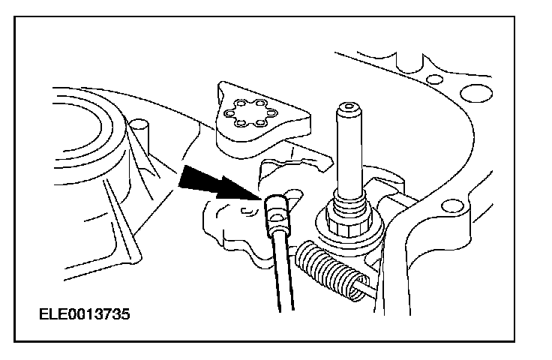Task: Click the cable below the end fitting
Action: pyautogui.click(x=283, y=270)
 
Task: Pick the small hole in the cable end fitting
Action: pyautogui.click(x=279, y=220)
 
